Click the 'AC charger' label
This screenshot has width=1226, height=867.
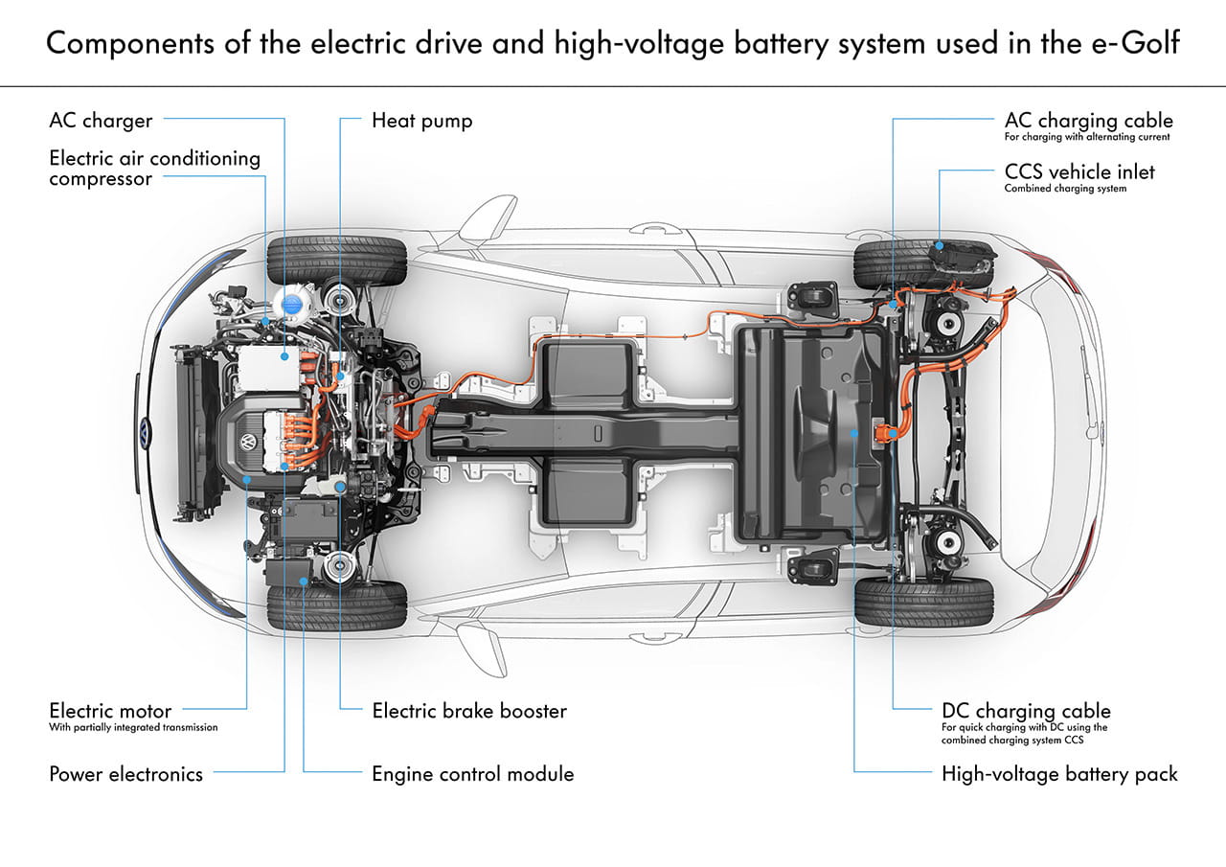[101, 121]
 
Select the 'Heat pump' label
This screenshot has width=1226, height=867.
[421, 121]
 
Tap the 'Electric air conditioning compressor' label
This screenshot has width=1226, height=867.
[154, 168]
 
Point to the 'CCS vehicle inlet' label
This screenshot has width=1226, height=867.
[1079, 171]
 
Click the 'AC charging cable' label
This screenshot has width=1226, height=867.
[1088, 121]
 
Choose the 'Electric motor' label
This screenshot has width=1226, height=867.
[110, 711]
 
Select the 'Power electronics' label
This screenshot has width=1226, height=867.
[125, 774]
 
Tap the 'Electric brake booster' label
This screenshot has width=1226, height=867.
[469, 711]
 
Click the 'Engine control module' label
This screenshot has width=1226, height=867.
[473, 774]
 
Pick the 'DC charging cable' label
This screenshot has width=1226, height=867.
[1026, 711]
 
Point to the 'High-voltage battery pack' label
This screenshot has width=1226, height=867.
[1059, 774]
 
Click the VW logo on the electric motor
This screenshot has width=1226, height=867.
[247, 444]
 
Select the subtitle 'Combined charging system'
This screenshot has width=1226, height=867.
[1065, 189]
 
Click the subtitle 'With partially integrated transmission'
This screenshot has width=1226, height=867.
[133, 728]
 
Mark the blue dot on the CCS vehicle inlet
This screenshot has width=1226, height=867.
[940, 245]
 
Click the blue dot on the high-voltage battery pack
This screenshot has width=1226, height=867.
[854, 434]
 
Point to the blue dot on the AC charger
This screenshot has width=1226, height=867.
[284, 355]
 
